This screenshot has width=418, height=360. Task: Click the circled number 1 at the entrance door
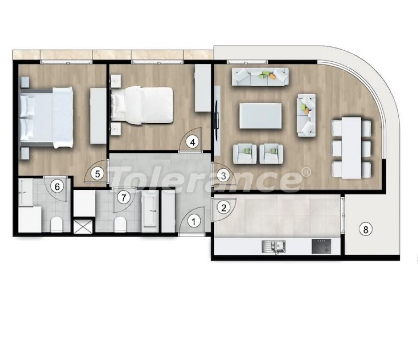[194, 221]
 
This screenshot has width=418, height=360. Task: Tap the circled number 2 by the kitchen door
[224, 208]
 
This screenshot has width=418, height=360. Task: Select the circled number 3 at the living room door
[223, 175]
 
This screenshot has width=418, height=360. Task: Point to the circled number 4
[192, 142]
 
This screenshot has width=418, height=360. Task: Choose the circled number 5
[97, 174]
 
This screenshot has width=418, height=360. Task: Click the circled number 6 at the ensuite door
[57, 187]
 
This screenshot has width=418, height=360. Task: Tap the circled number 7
[123, 198]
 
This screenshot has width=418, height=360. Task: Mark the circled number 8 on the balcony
[365, 229]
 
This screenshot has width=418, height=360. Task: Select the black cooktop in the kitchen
[321, 246]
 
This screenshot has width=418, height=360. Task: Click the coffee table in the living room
[260, 116]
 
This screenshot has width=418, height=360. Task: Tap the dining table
[351, 148]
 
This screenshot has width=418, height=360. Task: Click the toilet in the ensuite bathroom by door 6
[56, 224]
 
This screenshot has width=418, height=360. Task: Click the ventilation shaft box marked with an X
[84, 226]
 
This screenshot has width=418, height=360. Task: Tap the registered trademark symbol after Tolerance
[307, 172]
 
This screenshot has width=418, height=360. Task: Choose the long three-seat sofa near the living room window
[260, 77]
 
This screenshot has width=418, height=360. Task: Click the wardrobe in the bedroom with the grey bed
[98, 116]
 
